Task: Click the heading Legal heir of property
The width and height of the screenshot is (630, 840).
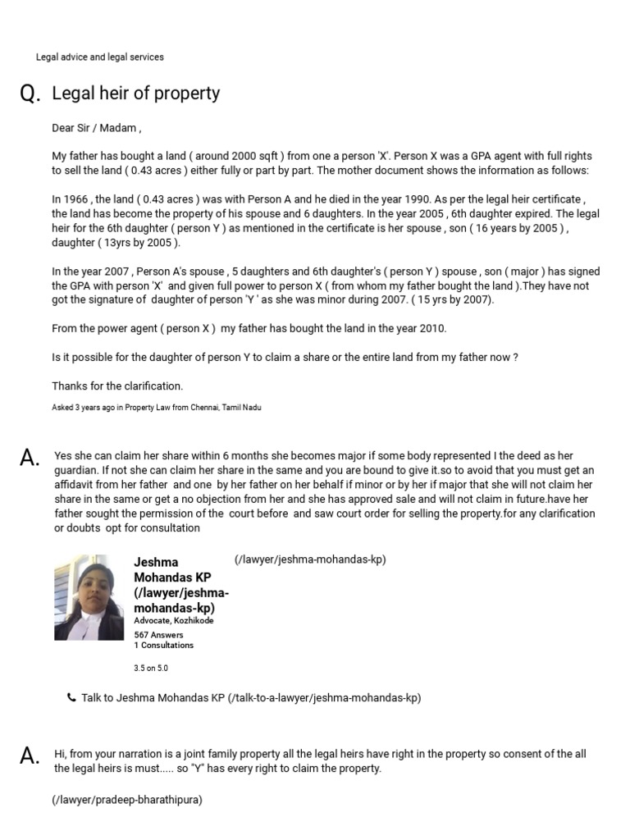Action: (x=135, y=94)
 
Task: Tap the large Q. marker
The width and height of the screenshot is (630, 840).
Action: (x=30, y=95)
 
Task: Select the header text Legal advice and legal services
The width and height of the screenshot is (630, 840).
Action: (x=99, y=57)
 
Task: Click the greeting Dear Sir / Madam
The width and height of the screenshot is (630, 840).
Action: (x=97, y=128)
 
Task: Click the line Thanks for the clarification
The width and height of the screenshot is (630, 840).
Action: (x=117, y=386)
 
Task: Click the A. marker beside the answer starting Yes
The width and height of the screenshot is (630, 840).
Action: (x=30, y=459)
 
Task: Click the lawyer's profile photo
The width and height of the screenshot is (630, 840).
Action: (x=89, y=597)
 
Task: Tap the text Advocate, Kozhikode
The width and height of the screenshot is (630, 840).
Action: (x=174, y=621)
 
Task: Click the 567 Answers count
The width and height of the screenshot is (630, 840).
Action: (x=158, y=635)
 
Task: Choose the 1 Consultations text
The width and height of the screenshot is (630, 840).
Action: (x=164, y=646)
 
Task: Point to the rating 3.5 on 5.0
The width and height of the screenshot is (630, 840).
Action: (x=151, y=669)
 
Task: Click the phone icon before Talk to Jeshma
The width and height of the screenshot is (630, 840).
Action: (x=71, y=698)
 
